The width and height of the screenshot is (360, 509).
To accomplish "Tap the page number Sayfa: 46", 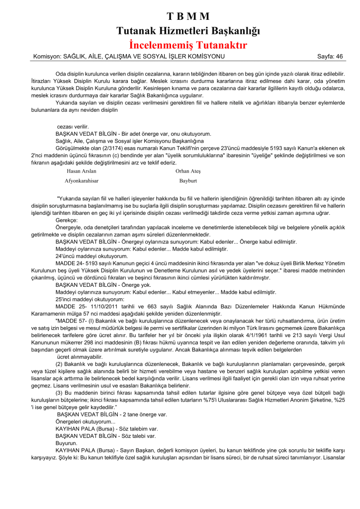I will pyautogui.click(x=330, y=57).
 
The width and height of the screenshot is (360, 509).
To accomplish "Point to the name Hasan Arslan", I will pyautogui.click(x=81, y=171).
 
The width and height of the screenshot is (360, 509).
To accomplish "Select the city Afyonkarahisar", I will pyautogui.click(x=82, y=181).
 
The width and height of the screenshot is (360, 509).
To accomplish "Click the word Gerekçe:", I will pyautogui.click(x=66, y=220).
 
